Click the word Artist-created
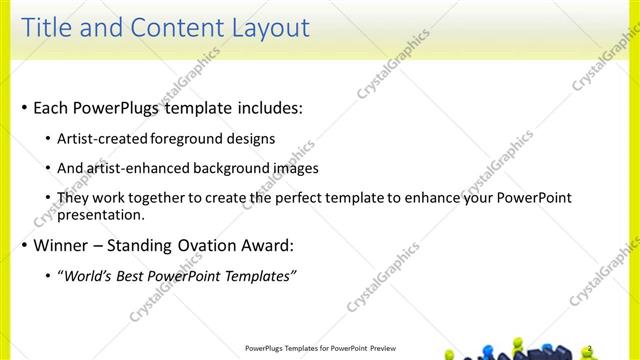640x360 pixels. pyautogui.click(x=99, y=138)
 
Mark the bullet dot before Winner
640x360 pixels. pyautogui.click(x=25, y=246)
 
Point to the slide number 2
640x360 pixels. pyautogui.click(x=591, y=348)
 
